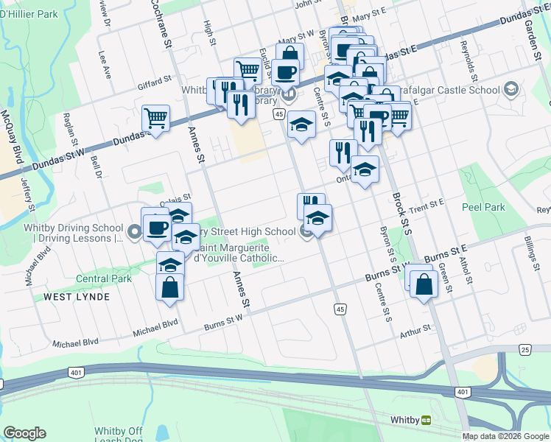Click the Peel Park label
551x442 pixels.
tap(483, 207)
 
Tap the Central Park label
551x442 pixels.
tap(104, 278)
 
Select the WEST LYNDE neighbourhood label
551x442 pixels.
tap(77, 297)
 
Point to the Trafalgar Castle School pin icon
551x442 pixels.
tap(510, 90)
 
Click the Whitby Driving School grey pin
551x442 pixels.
tap(134, 233)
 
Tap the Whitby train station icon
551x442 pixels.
tap(427, 420)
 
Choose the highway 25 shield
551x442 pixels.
tap(524, 348)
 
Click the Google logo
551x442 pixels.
tap(25, 433)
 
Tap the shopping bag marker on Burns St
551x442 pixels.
tap(424, 284)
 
